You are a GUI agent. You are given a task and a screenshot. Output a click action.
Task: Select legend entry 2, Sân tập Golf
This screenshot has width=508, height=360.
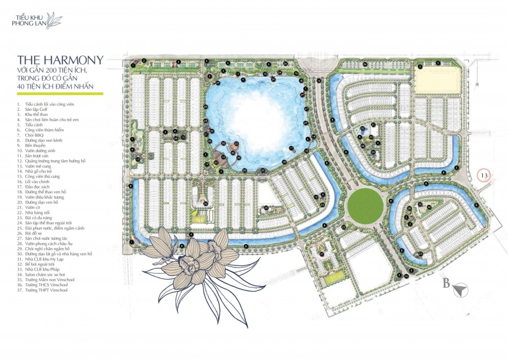click(36, 109)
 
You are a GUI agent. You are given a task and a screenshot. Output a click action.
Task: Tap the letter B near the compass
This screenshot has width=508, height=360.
click(446, 284)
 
